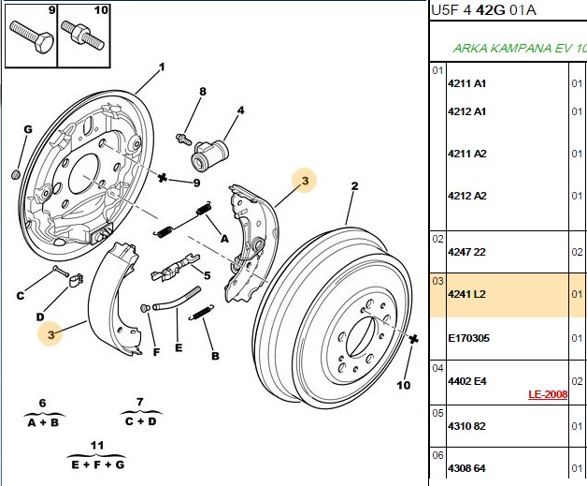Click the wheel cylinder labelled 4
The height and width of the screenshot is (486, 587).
click(x=209, y=156)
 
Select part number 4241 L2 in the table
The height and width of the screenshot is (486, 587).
click(x=466, y=294)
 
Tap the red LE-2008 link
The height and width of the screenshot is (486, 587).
click(x=548, y=394)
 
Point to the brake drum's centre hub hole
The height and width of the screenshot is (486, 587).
click(x=360, y=336)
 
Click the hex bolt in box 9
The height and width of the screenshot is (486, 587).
click(x=32, y=37)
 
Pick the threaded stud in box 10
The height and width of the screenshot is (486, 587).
click(x=82, y=36)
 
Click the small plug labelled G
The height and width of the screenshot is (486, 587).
click(x=16, y=175)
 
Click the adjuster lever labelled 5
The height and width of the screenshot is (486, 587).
click(x=175, y=267)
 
